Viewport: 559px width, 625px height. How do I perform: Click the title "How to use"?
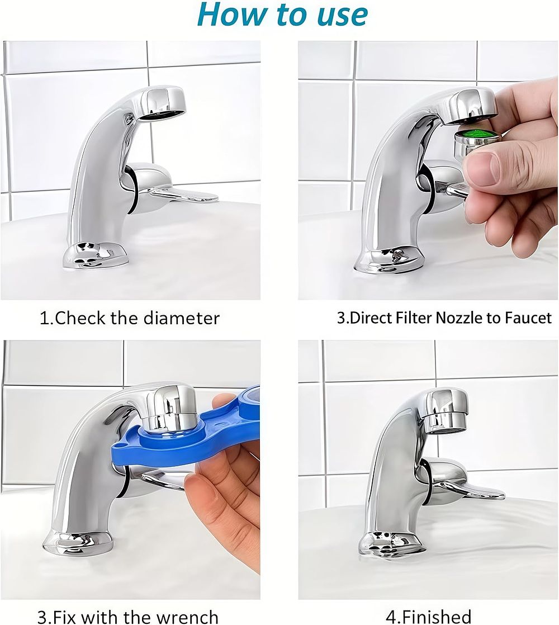click(282, 15)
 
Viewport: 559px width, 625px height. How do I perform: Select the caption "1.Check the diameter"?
click(130, 318)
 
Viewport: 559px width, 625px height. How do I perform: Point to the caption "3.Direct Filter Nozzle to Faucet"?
click(444, 318)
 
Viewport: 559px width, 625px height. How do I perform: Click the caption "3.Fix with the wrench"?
click(128, 616)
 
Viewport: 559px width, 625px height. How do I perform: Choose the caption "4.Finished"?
click(428, 617)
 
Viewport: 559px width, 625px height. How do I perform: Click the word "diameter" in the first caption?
click(182, 318)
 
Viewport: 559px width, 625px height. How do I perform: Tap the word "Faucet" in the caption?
click(528, 318)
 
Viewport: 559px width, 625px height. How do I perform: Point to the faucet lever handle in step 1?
click(179, 195)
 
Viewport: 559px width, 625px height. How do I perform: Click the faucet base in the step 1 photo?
click(96, 257)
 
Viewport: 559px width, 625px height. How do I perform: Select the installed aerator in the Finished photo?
click(446, 423)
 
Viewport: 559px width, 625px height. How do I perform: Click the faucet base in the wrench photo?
click(78, 541)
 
